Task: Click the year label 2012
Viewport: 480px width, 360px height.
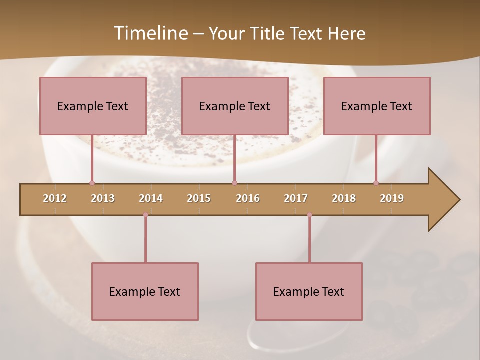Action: coord(55,198)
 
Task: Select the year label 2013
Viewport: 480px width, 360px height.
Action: coord(103,198)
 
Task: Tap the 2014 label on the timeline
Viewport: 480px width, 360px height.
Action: coord(151,198)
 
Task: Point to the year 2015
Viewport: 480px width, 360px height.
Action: coord(199,198)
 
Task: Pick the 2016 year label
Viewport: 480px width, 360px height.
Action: coord(248,198)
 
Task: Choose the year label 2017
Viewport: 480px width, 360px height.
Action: coord(296,198)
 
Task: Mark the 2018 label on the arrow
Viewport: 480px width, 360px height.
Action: coord(344,198)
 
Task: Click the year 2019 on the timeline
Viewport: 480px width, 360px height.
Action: coord(392,198)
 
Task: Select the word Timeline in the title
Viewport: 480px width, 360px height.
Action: coord(149,33)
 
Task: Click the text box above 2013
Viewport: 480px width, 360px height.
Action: coord(93,106)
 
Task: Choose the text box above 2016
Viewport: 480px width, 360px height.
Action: coord(235,106)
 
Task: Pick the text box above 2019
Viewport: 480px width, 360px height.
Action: coord(377,106)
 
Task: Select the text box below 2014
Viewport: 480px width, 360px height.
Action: coord(145,291)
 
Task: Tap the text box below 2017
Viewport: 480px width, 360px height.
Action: coord(309,291)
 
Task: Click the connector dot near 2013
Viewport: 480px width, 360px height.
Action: coord(92,183)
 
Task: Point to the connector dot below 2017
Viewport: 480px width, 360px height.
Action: coord(309,215)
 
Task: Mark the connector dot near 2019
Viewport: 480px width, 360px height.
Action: coord(376,183)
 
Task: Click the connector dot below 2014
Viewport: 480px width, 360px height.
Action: coord(145,215)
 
